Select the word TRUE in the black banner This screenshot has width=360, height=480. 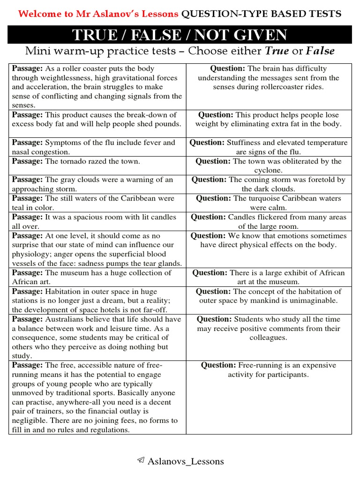tap(96, 36)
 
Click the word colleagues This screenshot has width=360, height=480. tap(268, 337)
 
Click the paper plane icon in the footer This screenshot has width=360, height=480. tap(140, 461)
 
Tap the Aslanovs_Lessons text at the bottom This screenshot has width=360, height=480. tap(186, 461)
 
